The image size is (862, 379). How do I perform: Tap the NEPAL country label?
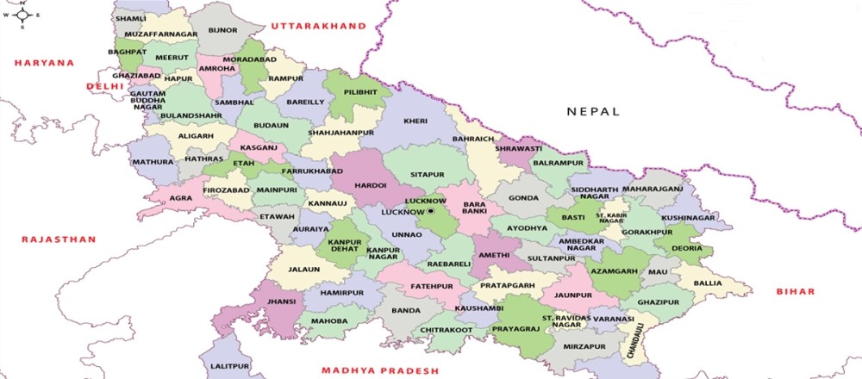coord(592,112)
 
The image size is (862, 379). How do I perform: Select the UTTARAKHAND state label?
coord(319,28)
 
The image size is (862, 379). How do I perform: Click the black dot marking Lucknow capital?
coord(431,211)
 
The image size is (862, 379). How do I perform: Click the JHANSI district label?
coord(281,301)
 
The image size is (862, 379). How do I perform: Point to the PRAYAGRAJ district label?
coord(515,329)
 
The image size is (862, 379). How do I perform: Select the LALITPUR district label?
coord(228,366)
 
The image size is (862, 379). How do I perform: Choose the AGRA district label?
coord(181,196)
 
